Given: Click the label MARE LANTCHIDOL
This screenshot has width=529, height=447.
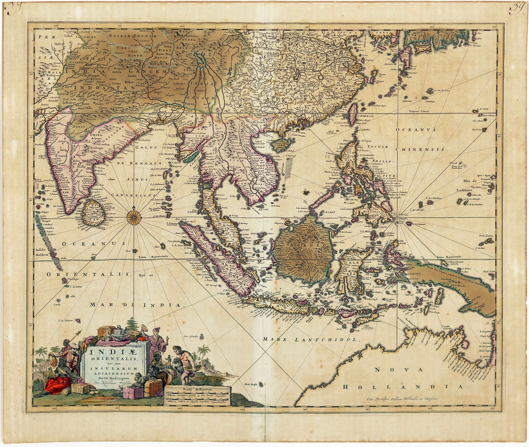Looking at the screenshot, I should click(311, 339).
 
